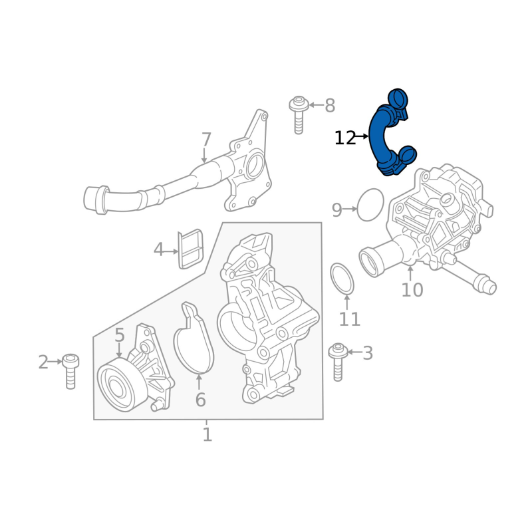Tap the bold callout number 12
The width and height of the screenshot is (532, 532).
tap(344, 138)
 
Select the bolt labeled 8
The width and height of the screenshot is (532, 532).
tap(298, 114)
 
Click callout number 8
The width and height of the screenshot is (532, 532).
tap(330, 106)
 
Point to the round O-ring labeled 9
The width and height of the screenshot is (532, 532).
tap(358, 205)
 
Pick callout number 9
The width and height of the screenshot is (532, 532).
tap(337, 210)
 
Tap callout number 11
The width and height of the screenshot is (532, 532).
tap(350, 319)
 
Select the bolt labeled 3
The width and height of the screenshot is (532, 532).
tap(338, 362)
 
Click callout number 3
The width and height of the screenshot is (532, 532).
tap(368, 353)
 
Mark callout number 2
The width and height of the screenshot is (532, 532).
tap(43, 362)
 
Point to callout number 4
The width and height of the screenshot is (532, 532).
tap(158, 250)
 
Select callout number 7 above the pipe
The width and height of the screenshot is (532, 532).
tap(206, 140)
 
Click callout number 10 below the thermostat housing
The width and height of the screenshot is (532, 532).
tap(412, 290)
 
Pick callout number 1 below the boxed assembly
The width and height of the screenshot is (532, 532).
tap(207, 435)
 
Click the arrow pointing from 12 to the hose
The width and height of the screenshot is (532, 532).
tap(362, 136)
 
